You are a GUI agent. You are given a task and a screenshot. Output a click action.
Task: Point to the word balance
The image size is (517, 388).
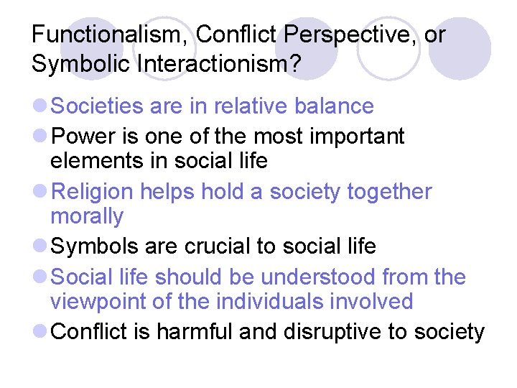334,106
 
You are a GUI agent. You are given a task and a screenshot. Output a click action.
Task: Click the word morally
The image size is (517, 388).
87,216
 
